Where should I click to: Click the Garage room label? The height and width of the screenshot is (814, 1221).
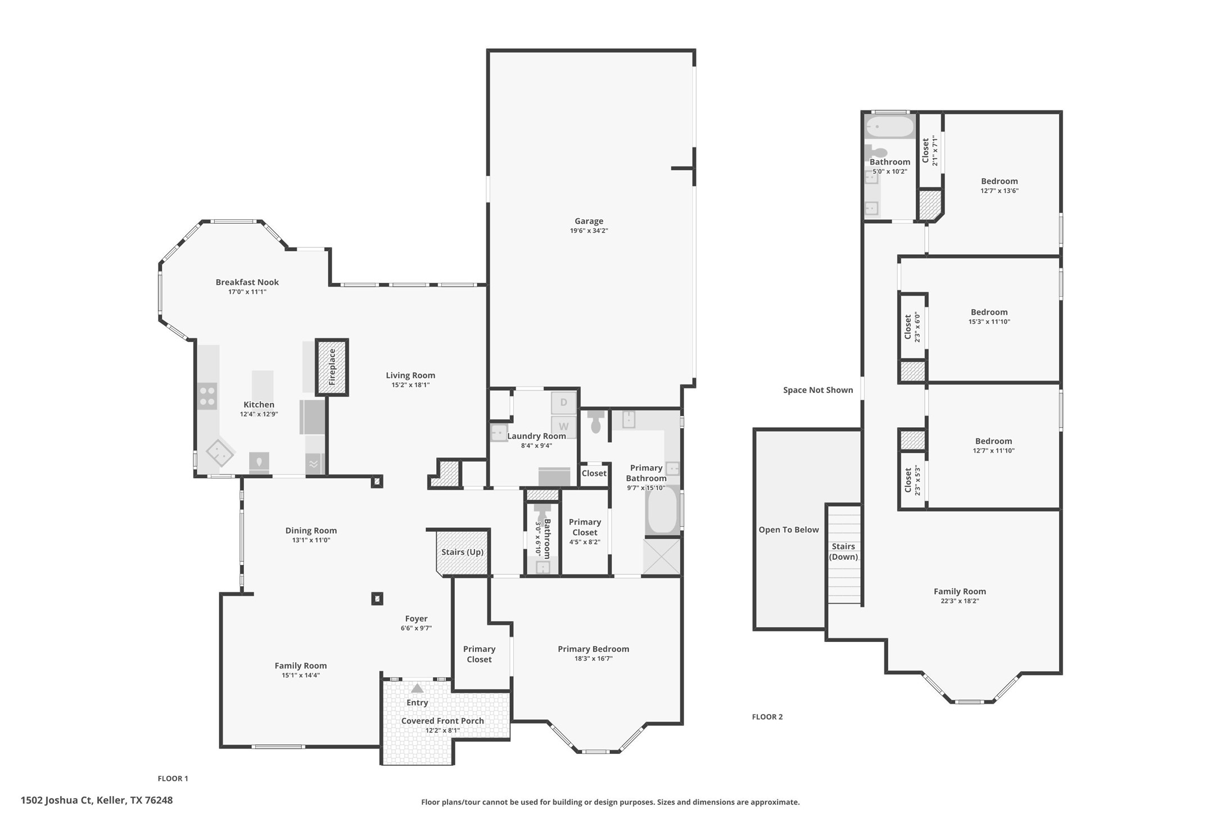pos(589,221)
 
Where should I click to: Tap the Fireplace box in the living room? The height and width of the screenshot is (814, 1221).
pos(332,367)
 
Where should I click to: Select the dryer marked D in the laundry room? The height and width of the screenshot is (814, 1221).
pos(563,403)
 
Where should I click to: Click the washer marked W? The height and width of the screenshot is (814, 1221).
pos(563,426)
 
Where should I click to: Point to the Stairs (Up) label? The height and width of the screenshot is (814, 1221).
pos(462,552)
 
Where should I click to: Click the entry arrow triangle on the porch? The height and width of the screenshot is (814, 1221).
pos(417,688)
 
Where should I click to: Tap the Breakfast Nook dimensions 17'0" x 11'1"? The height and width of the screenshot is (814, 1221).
pos(247,292)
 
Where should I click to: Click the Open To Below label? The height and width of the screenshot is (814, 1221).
pos(788,530)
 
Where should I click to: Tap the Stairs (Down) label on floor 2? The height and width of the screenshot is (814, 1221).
pos(843,551)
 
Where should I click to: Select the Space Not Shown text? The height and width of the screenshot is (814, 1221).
pos(817,390)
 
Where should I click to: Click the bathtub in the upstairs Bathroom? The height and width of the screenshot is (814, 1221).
pos(889,127)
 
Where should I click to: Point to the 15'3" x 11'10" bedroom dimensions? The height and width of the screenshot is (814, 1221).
pos(989,322)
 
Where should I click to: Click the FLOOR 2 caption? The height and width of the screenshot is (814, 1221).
pos(767,717)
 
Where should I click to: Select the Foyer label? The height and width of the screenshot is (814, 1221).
pos(416,618)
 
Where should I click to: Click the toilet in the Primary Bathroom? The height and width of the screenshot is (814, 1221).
pos(595,421)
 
